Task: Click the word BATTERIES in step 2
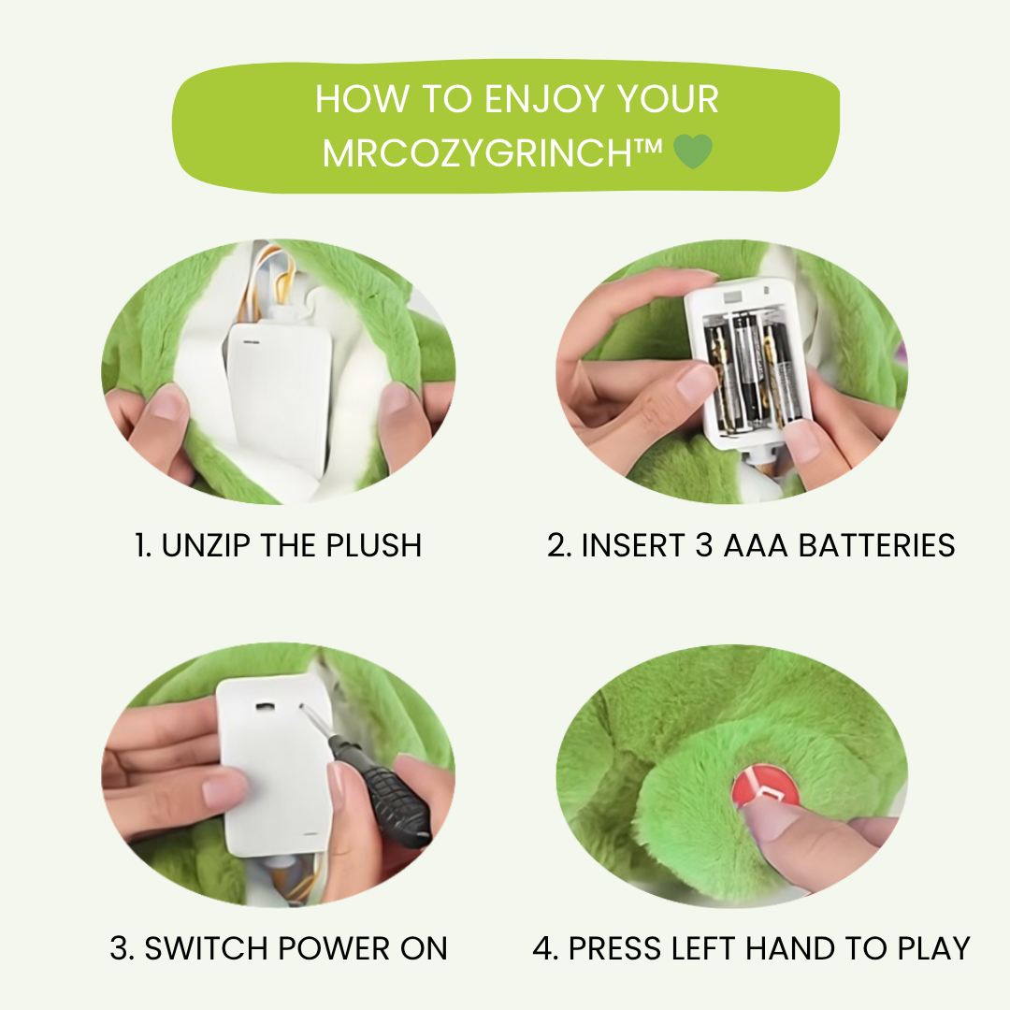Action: [876, 545]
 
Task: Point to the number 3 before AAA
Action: [704, 545]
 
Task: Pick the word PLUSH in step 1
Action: [373, 545]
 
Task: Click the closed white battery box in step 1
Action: [280, 393]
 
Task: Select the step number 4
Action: [543, 949]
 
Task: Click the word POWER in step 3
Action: [334, 949]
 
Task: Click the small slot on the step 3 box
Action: [265, 707]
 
